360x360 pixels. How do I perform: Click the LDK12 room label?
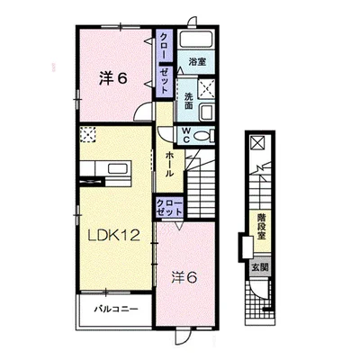pyautogui.click(x=113, y=235)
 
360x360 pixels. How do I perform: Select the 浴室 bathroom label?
pyautogui.click(x=197, y=62)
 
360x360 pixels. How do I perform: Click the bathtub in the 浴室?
pyautogui.click(x=196, y=39)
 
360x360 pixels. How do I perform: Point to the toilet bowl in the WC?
pyautogui.click(x=204, y=136)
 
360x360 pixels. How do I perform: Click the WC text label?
pyautogui.click(x=186, y=135)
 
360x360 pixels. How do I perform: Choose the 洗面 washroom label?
pyautogui.click(x=188, y=101)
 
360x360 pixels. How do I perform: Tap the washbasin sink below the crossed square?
pyautogui.click(x=207, y=112)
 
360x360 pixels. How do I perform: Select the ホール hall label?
pyautogui.click(x=169, y=165)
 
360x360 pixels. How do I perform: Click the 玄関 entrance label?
pyautogui.click(x=260, y=267)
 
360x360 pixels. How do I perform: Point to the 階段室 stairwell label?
pyautogui.click(x=261, y=227)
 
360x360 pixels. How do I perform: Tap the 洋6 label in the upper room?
pyautogui.click(x=113, y=78)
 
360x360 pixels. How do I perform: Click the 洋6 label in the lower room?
pyautogui.click(x=184, y=277)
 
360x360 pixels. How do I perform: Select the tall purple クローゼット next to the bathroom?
pyautogui.click(x=164, y=63)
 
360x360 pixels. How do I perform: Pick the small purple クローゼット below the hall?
pyautogui.click(x=169, y=207)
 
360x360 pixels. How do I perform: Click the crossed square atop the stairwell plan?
pyautogui.click(x=258, y=142)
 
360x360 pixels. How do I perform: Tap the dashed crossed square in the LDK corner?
pyautogui.click(x=88, y=134)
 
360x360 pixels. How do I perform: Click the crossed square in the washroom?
pyautogui.click(x=207, y=89)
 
